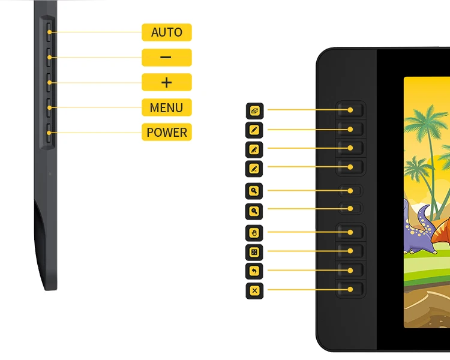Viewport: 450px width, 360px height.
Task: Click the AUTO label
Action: coord(166,32)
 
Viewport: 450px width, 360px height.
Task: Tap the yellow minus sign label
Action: coord(166,58)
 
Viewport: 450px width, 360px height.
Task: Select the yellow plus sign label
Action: coord(166,82)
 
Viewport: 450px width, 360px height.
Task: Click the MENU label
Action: coord(166,107)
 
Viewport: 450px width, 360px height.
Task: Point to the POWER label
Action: coord(166,132)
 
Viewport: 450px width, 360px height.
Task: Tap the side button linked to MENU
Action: coord(49,108)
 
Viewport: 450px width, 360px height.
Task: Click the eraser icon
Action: coord(254,110)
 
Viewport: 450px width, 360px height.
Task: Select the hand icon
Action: coord(254,232)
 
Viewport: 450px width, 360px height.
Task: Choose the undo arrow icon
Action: coord(254,271)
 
